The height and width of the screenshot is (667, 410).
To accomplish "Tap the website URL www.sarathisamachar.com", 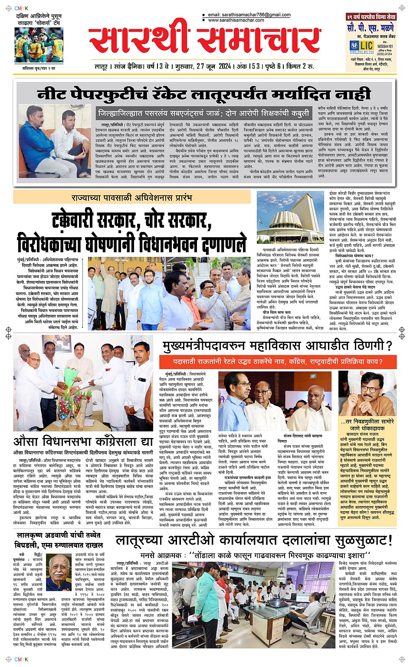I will pyautogui.click(x=236, y=20).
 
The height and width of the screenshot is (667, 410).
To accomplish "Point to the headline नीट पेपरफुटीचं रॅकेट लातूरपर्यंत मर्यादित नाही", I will pyautogui.click(x=204, y=93).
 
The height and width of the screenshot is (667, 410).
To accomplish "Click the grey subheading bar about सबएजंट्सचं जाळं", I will pyautogui.click(x=204, y=113).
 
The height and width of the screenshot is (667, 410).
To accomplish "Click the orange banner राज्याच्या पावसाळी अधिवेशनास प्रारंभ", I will pyautogui.click(x=132, y=197).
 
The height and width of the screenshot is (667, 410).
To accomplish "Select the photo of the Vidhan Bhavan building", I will pyautogui.click(x=290, y=217).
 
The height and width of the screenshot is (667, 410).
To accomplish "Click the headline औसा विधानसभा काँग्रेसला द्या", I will pyautogui.click(x=83, y=441).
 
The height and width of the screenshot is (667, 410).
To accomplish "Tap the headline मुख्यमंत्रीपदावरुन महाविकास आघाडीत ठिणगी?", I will pyautogui.click(x=278, y=346).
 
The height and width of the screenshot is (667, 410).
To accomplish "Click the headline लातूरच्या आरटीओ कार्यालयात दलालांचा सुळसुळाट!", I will pyautogui.click(x=254, y=540).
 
